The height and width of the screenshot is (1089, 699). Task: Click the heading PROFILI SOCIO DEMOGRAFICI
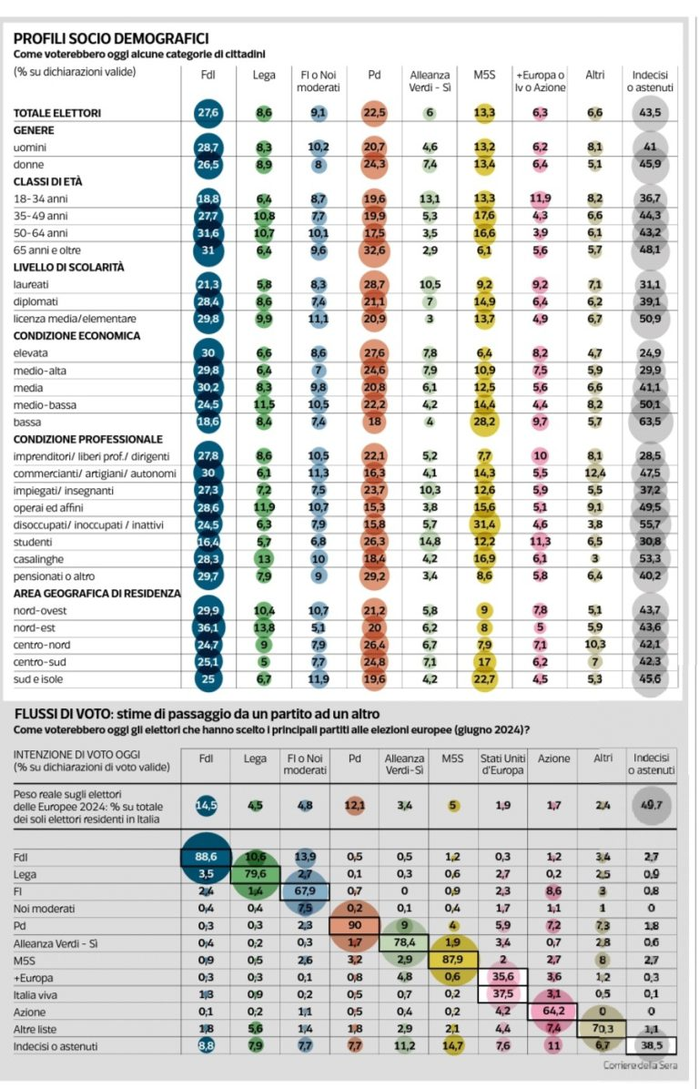[x=111, y=38]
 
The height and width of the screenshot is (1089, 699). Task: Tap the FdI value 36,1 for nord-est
[x=208, y=628]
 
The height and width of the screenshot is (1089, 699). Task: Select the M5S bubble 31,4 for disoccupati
[x=485, y=524]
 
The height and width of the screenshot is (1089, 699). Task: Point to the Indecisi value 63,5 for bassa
[x=651, y=422]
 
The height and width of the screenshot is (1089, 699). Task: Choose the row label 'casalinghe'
[x=39, y=559]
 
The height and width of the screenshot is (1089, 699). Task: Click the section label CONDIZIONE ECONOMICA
[x=77, y=335]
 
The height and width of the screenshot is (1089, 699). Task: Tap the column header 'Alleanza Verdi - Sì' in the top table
[x=430, y=81]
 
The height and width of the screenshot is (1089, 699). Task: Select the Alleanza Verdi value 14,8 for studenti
[x=430, y=542]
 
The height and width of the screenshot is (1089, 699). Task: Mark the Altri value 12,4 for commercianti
[x=595, y=473]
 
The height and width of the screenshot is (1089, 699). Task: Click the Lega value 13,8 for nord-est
[x=265, y=628]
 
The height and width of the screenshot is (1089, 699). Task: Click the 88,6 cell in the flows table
[x=207, y=857]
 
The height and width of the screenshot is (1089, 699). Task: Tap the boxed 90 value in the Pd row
[x=354, y=924]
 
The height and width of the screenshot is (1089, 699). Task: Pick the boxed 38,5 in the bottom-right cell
[x=651, y=1043]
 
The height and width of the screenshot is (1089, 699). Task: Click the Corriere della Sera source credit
[x=639, y=1064]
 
